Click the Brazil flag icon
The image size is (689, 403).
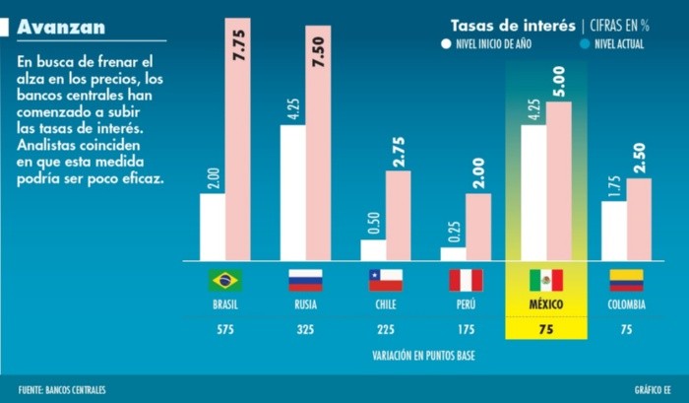click(224, 280)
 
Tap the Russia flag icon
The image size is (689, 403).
click(305, 280)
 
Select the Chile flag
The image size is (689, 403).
click(385, 280)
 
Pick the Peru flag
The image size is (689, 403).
click(466, 280)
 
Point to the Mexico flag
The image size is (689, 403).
click(546, 280)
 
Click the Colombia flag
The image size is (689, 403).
click(626, 280)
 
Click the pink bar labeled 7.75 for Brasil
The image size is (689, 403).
click(237, 138)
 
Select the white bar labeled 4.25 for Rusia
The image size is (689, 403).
click(292, 192)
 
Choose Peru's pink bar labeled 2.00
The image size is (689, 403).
click(478, 227)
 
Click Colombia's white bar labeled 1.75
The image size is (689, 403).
click(613, 231)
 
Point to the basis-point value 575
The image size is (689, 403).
click(224, 329)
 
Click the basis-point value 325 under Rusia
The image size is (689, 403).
click(305, 329)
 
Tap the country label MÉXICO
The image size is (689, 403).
click(546, 304)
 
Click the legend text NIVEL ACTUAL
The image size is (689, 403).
click(619, 44)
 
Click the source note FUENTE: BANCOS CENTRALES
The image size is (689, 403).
click(61, 390)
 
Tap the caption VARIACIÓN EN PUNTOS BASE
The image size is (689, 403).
click(423, 354)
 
